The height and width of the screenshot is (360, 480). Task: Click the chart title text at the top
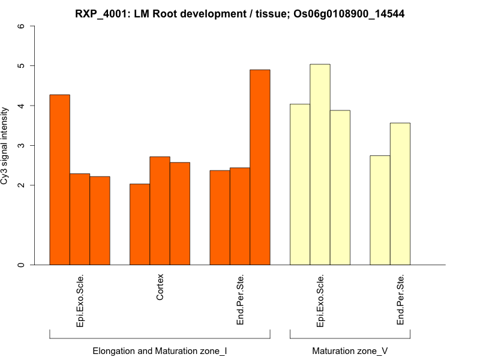coord(239,14)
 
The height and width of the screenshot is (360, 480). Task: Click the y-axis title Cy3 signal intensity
coord(5,145)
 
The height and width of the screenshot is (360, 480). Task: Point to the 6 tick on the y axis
coord(22,26)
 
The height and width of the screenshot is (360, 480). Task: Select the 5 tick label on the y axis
coord(22,65)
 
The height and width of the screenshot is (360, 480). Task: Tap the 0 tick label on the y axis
coord(22,265)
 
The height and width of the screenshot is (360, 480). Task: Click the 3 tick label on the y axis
coord(22,145)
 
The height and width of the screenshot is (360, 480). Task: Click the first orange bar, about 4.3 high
coord(59,179)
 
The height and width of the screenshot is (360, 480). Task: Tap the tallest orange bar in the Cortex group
coord(160,210)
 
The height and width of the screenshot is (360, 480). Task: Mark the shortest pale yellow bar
coord(380,210)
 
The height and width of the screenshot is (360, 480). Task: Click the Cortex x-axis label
coord(160,287)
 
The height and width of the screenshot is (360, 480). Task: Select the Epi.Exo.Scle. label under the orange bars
coord(80,301)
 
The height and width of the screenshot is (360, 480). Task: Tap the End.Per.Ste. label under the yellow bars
coord(401,301)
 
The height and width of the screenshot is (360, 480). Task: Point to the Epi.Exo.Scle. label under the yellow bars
coord(320,301)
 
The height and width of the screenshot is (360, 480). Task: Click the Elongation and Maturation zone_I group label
coord(160,350)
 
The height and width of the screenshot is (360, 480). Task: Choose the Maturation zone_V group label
coord(350,350)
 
